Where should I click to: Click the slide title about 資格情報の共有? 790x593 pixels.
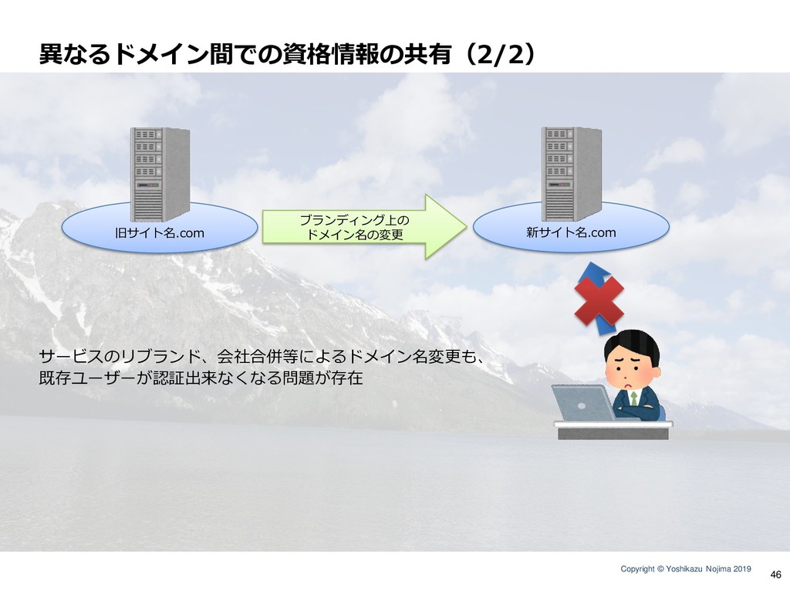[x=288, y=55]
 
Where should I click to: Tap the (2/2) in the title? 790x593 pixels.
[x=499, y=55]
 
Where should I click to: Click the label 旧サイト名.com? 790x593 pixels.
[x=160, y=233]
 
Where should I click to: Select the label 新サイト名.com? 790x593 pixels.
[x=571, y=232]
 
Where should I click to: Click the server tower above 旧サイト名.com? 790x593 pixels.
[x=160, y=174]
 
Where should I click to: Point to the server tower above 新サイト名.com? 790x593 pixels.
[x=572, y=174]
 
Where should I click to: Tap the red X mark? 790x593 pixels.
[x=599, y=300]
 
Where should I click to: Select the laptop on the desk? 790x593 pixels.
[x=583, y=403]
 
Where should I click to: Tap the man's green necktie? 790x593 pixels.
[x=633, y=398]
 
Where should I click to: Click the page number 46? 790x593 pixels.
[x=776, y=574]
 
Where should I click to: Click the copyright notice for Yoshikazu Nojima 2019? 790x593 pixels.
[x=686, y=569]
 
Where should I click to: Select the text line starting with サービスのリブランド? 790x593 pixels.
[x=262, y=357]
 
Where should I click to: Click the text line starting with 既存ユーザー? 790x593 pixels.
[x=201, y=378]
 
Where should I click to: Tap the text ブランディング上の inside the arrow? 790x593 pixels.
[x=355, y=220]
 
